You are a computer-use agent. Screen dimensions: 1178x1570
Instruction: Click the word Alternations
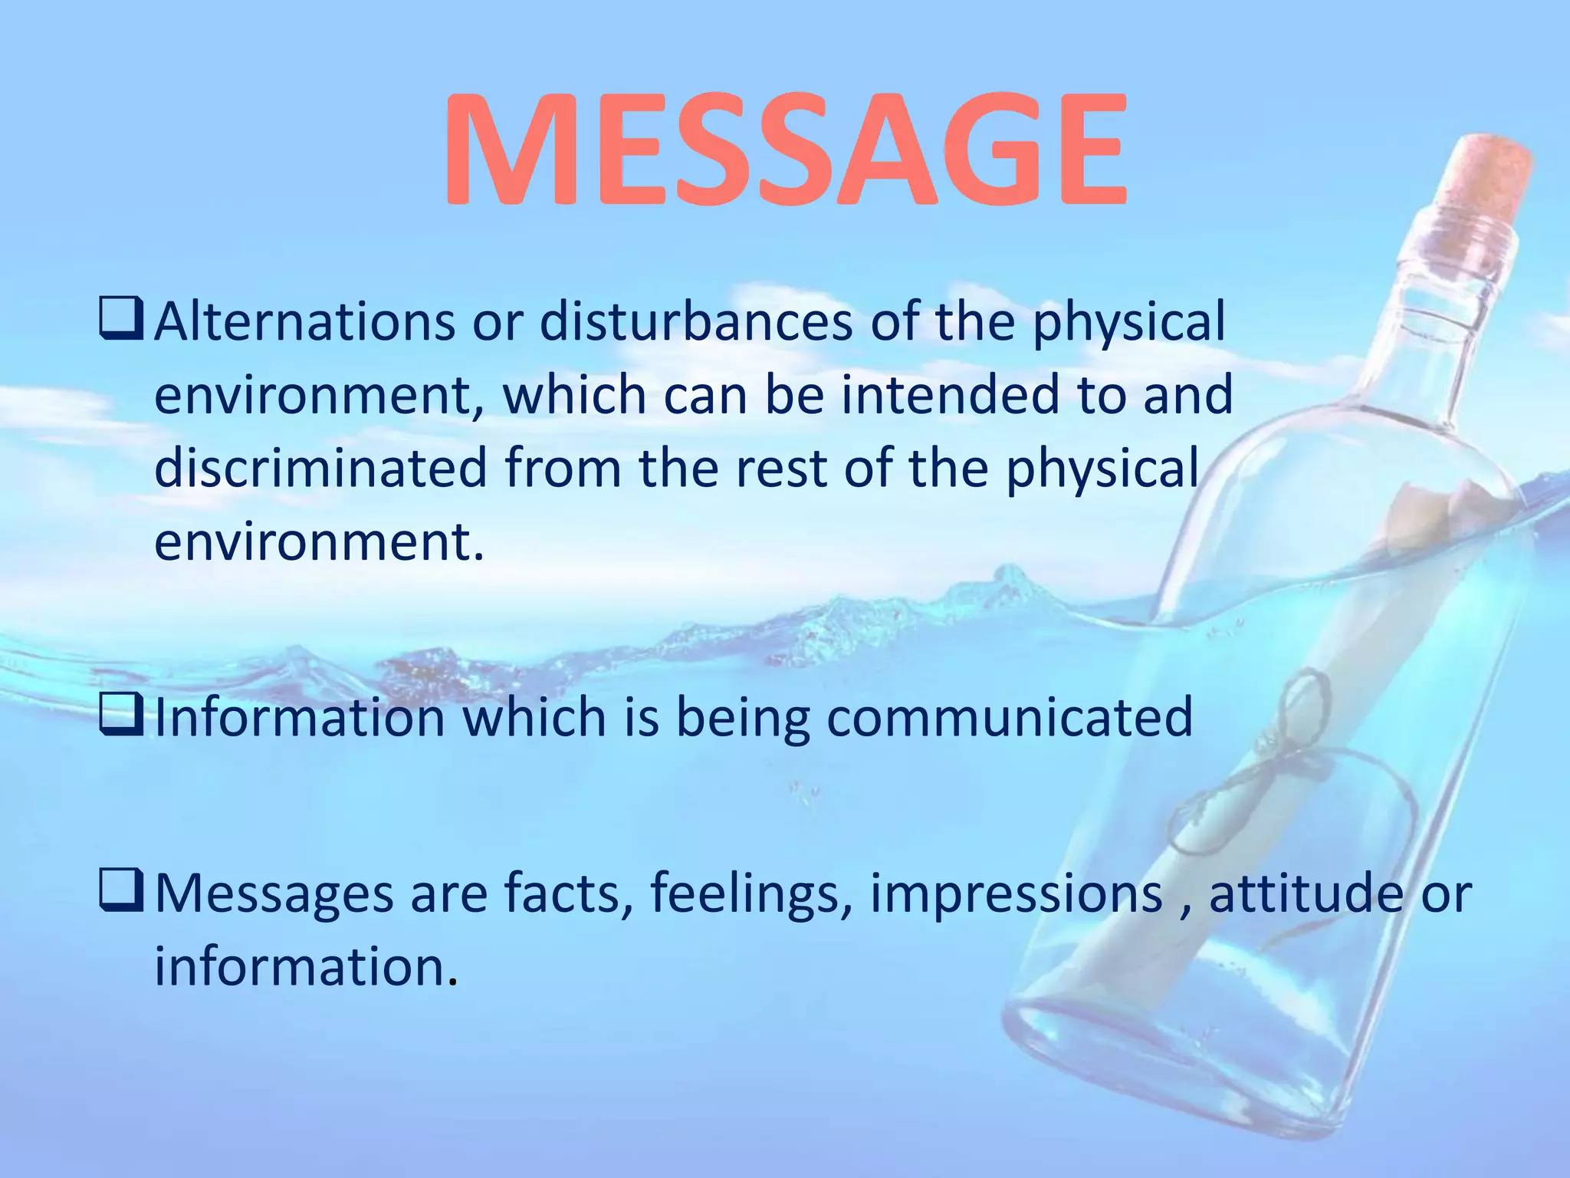pos(304,322)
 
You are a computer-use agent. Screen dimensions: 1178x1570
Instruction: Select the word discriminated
pos(320,468)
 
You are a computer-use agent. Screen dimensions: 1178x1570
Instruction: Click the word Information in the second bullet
pos(300,718)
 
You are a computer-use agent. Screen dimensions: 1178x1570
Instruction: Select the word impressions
pos(1016,894)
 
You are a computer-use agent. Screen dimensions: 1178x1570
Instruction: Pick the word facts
pos(568,894)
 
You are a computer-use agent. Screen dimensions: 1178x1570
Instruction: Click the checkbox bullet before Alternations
pos(121,321)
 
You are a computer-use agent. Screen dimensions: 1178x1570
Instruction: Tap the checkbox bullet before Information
pos(121,717)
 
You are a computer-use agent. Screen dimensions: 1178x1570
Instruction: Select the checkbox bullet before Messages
pos(121,893)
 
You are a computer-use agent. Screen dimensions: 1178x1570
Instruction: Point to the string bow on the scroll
pos(1296,736)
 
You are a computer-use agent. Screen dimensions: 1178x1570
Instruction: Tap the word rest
pos(781,468)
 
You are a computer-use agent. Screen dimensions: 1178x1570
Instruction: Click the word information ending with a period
pos(305,966)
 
